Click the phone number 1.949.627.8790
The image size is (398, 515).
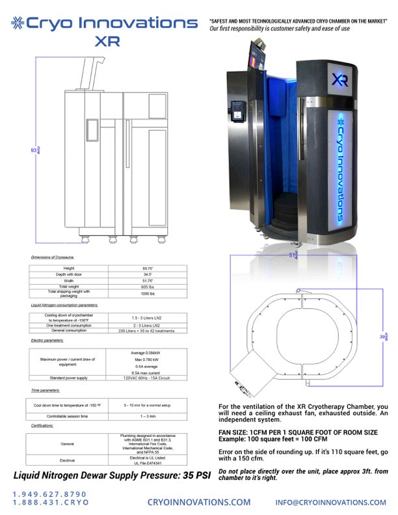pyautogui.click(x=49, y=495)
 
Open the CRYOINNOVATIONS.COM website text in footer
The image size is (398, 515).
pyautogui.click(x=199, y=502)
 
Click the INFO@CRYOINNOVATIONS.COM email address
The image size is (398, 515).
pyautogui.click(x=330, y=502)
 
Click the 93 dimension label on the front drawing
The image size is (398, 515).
pyautogui.click(x=34, y=150)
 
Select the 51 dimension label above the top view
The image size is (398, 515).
pyautogui.click(x=295, y=256)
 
